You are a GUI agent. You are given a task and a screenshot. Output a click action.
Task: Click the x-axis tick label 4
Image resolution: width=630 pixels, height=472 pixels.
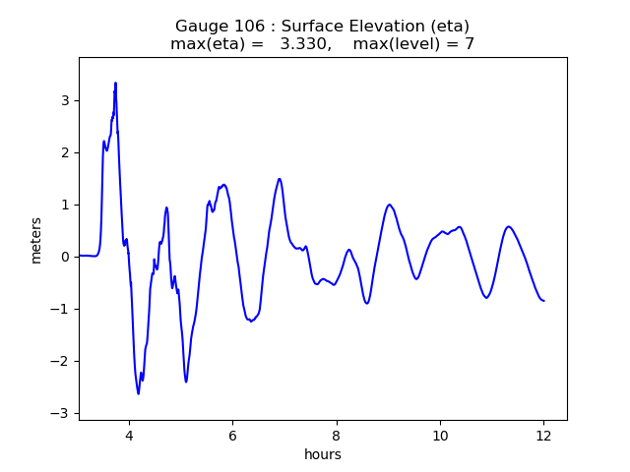click(x=129, y=436)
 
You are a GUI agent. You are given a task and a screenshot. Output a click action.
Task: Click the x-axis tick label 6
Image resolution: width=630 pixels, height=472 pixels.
click(x=232, y=436)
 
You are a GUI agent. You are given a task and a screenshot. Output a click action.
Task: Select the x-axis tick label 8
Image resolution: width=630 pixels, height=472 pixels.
click(x=337, y=436)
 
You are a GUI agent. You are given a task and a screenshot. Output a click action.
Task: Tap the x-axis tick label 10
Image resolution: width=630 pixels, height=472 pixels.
click(x=440, y=436)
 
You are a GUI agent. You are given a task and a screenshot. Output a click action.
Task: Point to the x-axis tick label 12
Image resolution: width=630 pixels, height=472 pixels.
click(x=543, y=436)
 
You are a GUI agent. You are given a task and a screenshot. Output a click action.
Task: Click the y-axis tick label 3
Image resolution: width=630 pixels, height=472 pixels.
click(x=66, y=100)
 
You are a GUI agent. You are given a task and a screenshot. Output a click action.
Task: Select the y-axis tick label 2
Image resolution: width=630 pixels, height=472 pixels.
click(x=66, y=152)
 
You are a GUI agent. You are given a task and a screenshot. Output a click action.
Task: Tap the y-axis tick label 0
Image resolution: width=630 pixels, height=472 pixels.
click(x=66, y=257)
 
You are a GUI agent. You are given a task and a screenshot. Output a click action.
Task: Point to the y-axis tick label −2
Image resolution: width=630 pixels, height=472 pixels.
click(x=62, y=361)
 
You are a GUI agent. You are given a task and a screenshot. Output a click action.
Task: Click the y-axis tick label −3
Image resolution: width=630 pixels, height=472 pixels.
click(x=62, y=413)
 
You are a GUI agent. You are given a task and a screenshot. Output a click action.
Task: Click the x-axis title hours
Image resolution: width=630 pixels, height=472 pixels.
click(x=323, y=454)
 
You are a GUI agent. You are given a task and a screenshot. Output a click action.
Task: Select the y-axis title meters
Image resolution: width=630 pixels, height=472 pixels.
click(x=36, y=240)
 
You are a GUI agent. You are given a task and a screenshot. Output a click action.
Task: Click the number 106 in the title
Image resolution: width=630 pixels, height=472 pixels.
click(x=240, y=27)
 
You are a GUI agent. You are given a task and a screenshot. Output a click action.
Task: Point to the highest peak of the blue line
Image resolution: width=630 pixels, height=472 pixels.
click(x=115, y=84)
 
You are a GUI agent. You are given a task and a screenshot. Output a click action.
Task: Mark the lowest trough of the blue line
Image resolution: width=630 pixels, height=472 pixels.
click(x=139, y=393)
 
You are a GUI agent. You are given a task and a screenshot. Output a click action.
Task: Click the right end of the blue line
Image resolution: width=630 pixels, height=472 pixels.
click(x=543, y=300)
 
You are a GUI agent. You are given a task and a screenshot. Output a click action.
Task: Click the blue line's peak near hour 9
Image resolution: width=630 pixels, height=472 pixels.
click(x=390, y=205)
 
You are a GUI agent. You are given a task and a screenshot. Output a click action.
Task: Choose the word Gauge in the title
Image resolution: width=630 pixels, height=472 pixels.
click(x=199, y=27)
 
